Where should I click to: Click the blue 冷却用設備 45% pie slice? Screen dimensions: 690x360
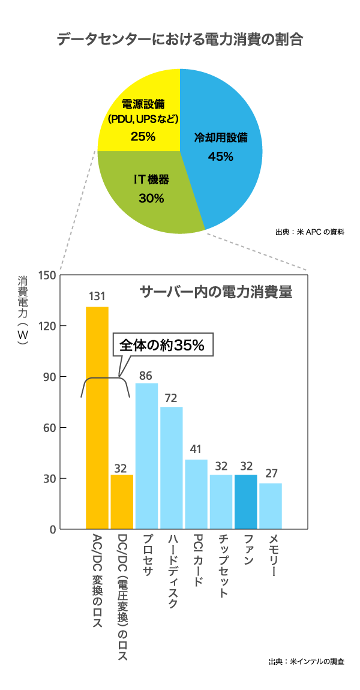click(x=225, y=150)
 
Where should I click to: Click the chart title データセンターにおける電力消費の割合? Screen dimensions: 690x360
click(x=179, y=40)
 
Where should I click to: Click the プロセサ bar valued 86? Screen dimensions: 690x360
click(x=146, y=456)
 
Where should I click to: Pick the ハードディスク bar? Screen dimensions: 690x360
click(x=171, y=468)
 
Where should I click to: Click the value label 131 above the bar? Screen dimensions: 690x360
click(x=97, y=296)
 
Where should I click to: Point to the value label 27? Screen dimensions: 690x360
click(x=271, y=473)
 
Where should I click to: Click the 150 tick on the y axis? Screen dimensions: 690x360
click(x=48, y=275)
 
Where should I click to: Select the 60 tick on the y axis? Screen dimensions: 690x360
click(x=50, y=428)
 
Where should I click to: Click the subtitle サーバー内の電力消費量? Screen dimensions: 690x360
click(x=216, y=292)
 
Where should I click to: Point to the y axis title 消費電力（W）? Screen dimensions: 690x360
click(x=23, y=312)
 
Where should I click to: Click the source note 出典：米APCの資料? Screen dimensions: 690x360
click(x=310, y=232)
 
